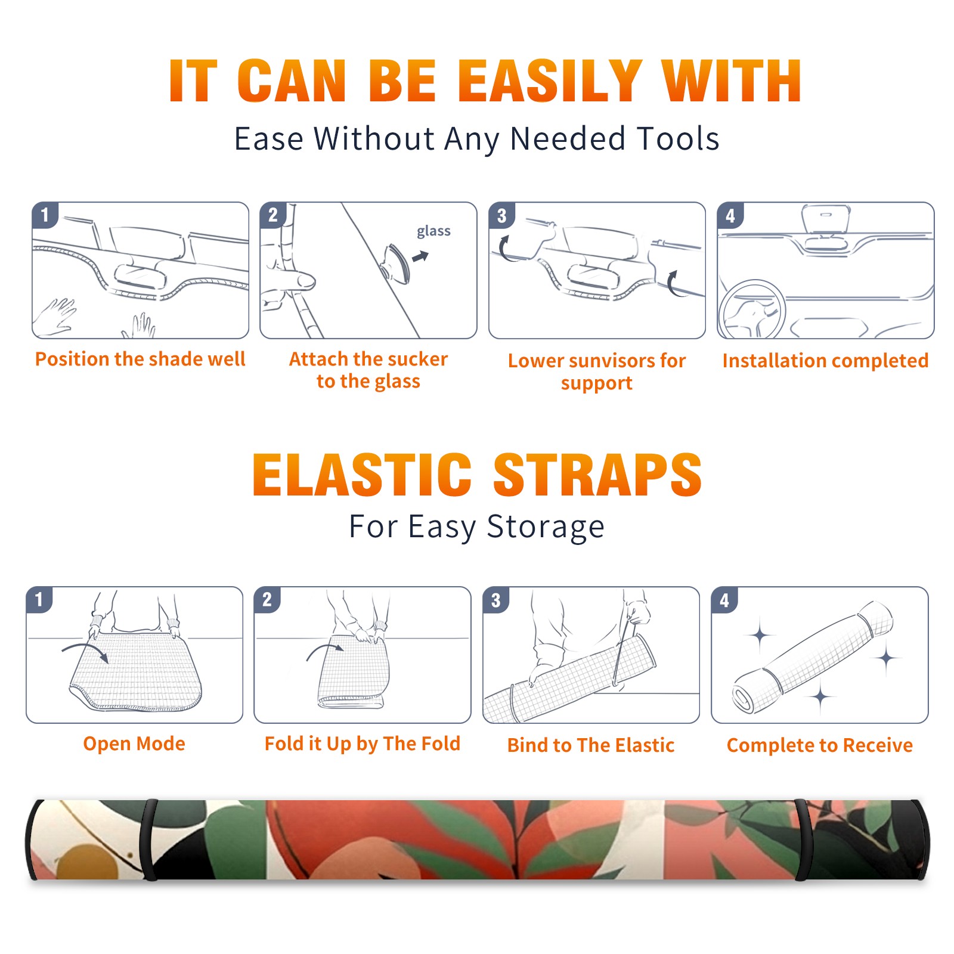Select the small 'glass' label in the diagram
[433, 231]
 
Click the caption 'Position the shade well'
[140, 359]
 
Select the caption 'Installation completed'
[825, 361]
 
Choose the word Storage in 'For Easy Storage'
[546, 527]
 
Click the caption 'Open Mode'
[134, 744]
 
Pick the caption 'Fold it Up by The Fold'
[363, 744]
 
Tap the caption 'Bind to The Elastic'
[591, 745]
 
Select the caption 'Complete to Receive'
[820, 745]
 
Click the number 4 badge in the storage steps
[724, 600]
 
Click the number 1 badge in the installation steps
[45, 215]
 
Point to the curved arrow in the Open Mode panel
[84, 646]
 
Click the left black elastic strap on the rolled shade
[150, 840]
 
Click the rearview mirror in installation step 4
[826, 219]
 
